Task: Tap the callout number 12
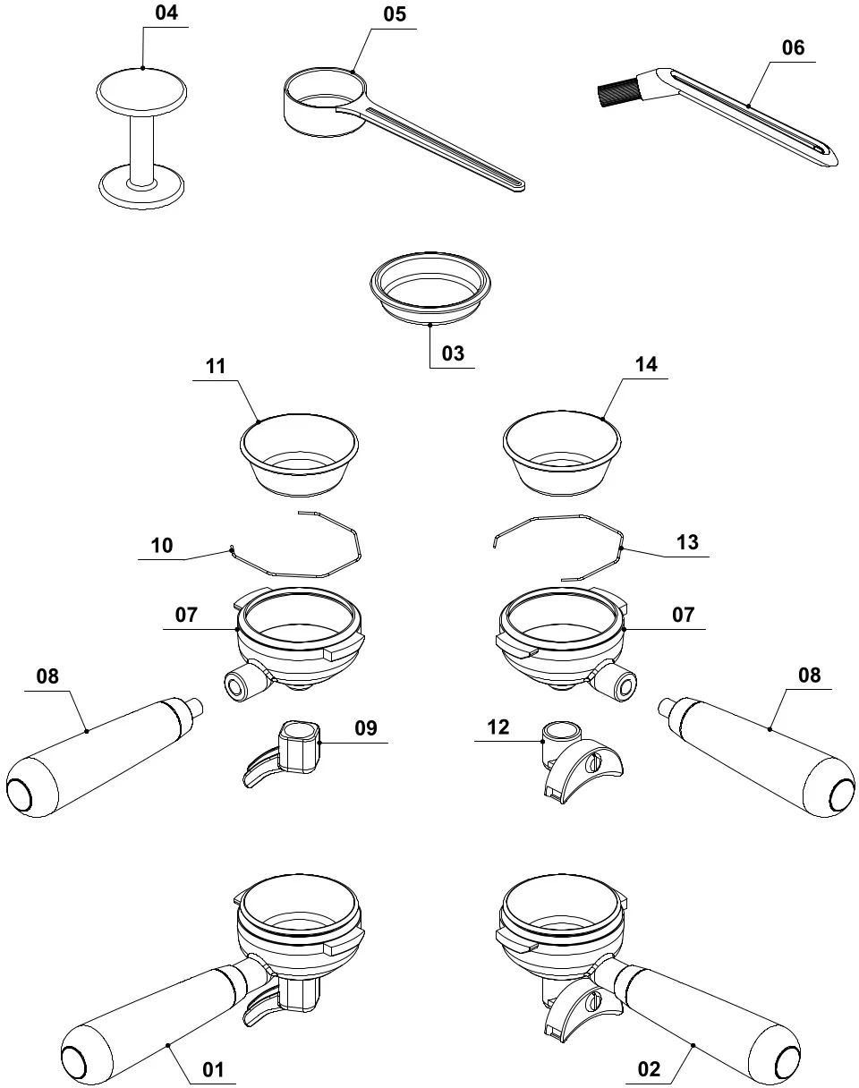coord(498,728)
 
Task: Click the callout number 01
coord(212,1069)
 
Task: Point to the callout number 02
coord(650,1069)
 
